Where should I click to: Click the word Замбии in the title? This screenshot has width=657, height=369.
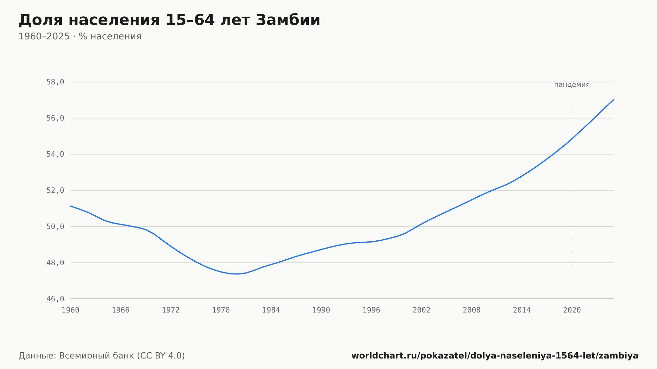tap(288, 20)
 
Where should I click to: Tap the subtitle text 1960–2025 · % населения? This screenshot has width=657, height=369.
tap(80, 36)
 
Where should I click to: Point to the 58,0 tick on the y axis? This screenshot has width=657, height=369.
tap(55, 82)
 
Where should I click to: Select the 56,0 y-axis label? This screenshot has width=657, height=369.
tap(55, 118)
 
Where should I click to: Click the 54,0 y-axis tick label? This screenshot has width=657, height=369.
tap(55, 154)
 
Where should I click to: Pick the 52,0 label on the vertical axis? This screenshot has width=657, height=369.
tap(55, 190)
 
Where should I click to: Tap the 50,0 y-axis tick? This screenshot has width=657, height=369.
tap(55, 227)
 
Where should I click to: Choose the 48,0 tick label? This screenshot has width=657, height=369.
tap(55, 263)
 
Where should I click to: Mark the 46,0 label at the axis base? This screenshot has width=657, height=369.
tap(55, 299)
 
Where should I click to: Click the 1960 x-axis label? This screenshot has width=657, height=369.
tap(71, 310)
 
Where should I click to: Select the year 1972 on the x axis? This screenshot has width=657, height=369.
tap(171, 310)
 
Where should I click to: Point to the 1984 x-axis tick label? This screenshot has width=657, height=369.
tap(271, 310)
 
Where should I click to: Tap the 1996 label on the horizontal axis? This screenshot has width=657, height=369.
tap(371, 310)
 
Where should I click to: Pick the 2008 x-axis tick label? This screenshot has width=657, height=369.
tap(472, 310)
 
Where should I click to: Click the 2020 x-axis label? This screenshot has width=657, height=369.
tap(572, 310)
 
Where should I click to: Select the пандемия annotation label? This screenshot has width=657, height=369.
tap(572, 85)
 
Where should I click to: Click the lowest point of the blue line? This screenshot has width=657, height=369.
tap(237, 274)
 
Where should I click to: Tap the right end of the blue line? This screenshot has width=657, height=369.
tap(614, 99)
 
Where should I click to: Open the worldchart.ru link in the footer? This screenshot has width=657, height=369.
tap(495, 356)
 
